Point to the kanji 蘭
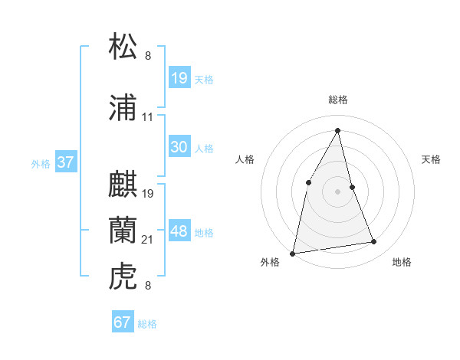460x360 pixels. (123, 230)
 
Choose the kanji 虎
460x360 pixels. (123, 277)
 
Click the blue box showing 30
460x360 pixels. (179, 148)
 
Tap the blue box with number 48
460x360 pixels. (179, 232)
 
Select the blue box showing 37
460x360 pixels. (66, 162)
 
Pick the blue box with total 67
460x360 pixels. (123, 322)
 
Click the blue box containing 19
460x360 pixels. (179, 78)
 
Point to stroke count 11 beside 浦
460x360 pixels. (148, 117)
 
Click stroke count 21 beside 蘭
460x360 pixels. (148, 240)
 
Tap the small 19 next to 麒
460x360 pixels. (148, 193)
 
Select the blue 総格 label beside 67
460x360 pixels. (147, 324)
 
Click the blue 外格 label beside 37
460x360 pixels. (41, 163)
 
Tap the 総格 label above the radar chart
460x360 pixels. (337, 100)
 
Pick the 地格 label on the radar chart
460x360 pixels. (402, 262)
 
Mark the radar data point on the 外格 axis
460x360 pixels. (293, 253)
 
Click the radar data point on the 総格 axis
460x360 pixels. (337, 130)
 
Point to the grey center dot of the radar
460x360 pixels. (337, 191)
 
